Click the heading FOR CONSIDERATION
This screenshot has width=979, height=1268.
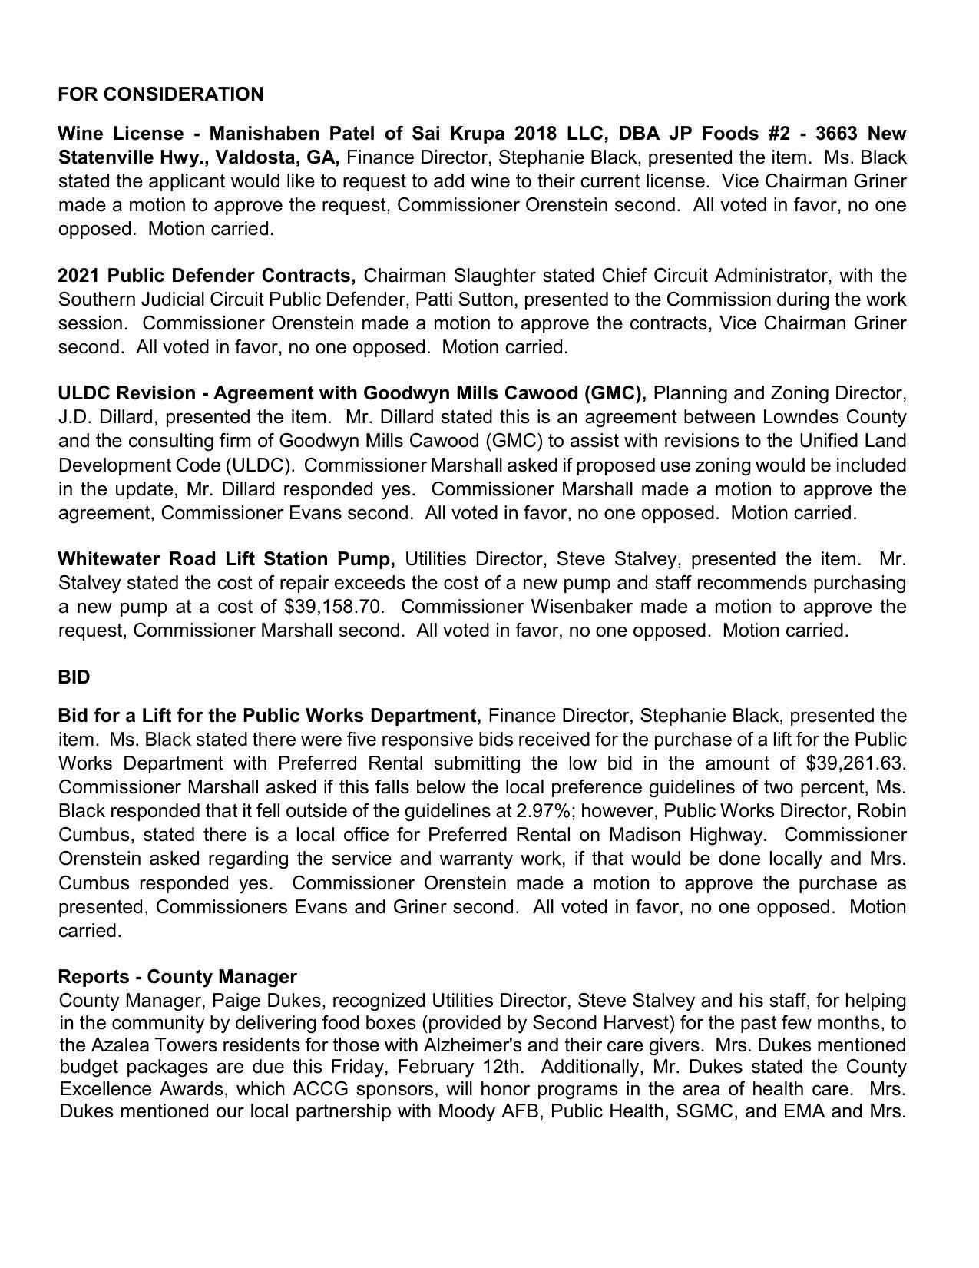pyautogui.click(x=160, y=94)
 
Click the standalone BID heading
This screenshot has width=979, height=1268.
pyautogui.click(x=74, y=677)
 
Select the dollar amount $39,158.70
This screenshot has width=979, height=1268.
pyautogui.click(x=333, y=607)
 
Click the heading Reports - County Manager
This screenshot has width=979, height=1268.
pyautogui.click(x=177, y=977)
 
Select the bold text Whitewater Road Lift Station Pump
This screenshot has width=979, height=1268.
pyautogui.click(x=227, y=558)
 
